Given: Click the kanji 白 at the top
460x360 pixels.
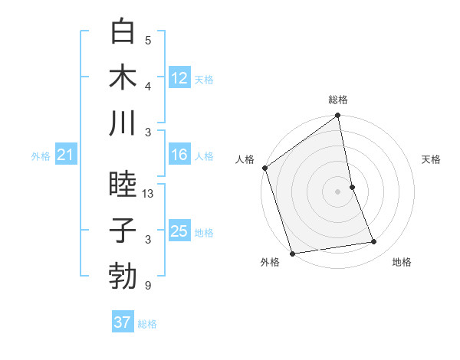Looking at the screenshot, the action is [x=123, y=31].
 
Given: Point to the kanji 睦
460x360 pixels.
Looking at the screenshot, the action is [x=123, y=185].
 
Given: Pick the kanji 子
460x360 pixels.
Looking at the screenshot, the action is [x=123, y=230].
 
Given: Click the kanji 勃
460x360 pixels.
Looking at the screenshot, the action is [x=123, y=275].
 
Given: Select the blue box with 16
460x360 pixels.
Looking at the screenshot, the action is [x=179, y=155].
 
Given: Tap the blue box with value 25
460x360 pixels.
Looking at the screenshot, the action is [x=179, y=231].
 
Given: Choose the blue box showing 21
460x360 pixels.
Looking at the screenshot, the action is [x=65, y=155].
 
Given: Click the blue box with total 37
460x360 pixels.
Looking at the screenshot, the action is [x=123, y=322].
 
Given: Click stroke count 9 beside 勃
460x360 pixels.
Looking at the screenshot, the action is [x=148, y=286].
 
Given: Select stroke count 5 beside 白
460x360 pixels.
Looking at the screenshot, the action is [x=148, y=41].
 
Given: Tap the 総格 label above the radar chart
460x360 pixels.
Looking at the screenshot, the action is [x=338, y=100].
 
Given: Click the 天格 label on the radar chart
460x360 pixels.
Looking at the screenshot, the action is [x=432, y=159].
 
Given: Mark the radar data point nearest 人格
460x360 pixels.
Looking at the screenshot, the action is [x=265, y=169].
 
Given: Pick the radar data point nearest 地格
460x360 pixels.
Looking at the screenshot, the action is [x=374, y=242].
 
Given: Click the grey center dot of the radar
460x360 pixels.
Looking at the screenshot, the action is [x=338, y=191].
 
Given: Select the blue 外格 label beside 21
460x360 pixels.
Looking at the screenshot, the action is [x=41, y=156].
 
